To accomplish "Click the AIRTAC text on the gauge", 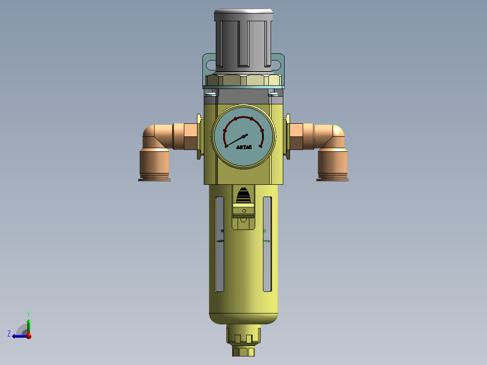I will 244,147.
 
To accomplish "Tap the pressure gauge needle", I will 235,140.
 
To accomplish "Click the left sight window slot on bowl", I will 220,244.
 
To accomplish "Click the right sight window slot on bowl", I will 267,244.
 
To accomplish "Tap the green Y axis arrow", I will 28,323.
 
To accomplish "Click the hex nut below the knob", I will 243,81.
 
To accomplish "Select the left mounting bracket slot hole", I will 211,66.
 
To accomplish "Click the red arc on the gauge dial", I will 244,118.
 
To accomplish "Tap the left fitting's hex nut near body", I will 190,136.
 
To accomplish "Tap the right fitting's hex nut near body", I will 296,136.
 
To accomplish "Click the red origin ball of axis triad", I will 29,336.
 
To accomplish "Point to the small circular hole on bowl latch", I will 244,211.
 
